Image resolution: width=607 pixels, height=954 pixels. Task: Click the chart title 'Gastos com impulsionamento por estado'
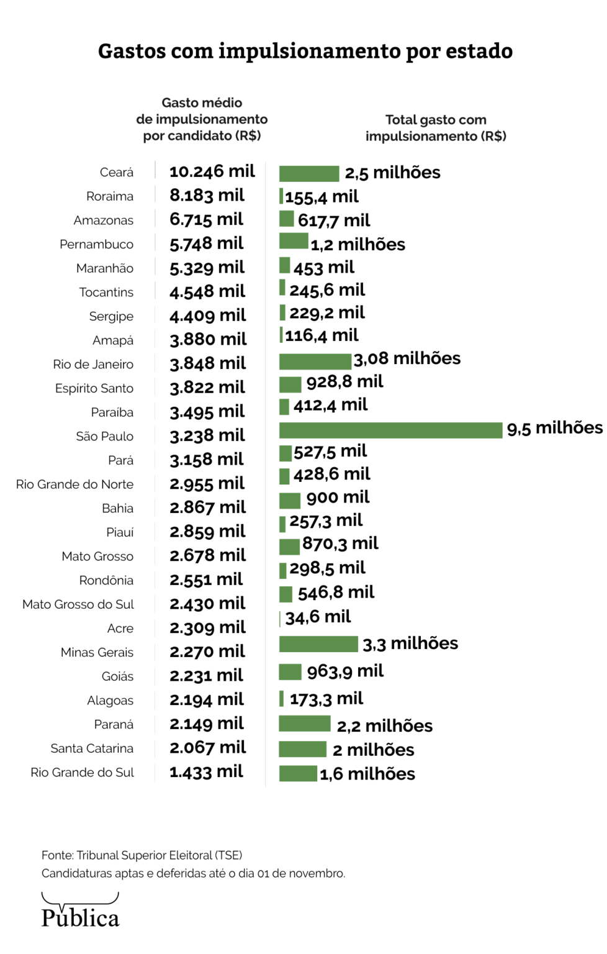pos(305,51)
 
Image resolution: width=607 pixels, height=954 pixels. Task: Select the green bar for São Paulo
pos(390,430)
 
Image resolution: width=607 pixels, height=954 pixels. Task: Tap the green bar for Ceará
pos(309,173)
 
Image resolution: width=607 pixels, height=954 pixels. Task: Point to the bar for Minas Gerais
pos(318,644)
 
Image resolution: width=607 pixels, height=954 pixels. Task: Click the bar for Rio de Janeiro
pos(315,361)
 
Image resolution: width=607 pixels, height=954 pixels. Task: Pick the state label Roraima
pos(110,196)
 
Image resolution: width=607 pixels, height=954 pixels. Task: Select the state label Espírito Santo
pos(94,388)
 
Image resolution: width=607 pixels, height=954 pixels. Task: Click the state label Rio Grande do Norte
pos(74,484)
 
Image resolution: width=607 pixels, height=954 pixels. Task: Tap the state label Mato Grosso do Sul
pos(78,604)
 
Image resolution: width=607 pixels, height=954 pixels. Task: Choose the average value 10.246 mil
pos(212,171)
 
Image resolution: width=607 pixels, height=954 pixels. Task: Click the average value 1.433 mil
pos(207,772)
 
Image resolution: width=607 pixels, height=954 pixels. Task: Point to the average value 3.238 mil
pos(207,435)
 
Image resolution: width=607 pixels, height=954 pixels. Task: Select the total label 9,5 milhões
pos(555,428)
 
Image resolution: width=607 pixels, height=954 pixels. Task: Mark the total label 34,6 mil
pos(318,617)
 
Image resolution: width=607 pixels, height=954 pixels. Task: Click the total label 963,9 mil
pos(345,671)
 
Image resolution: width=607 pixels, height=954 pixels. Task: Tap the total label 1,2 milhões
pos(358,245)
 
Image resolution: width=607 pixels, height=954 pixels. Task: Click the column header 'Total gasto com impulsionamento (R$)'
pos(436,128)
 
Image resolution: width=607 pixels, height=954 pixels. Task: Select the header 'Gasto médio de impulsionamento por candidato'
pos(202,119)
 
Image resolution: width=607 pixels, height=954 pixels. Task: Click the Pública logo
pos(80,911)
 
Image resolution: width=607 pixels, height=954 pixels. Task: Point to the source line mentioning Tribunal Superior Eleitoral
pos(142,855)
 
